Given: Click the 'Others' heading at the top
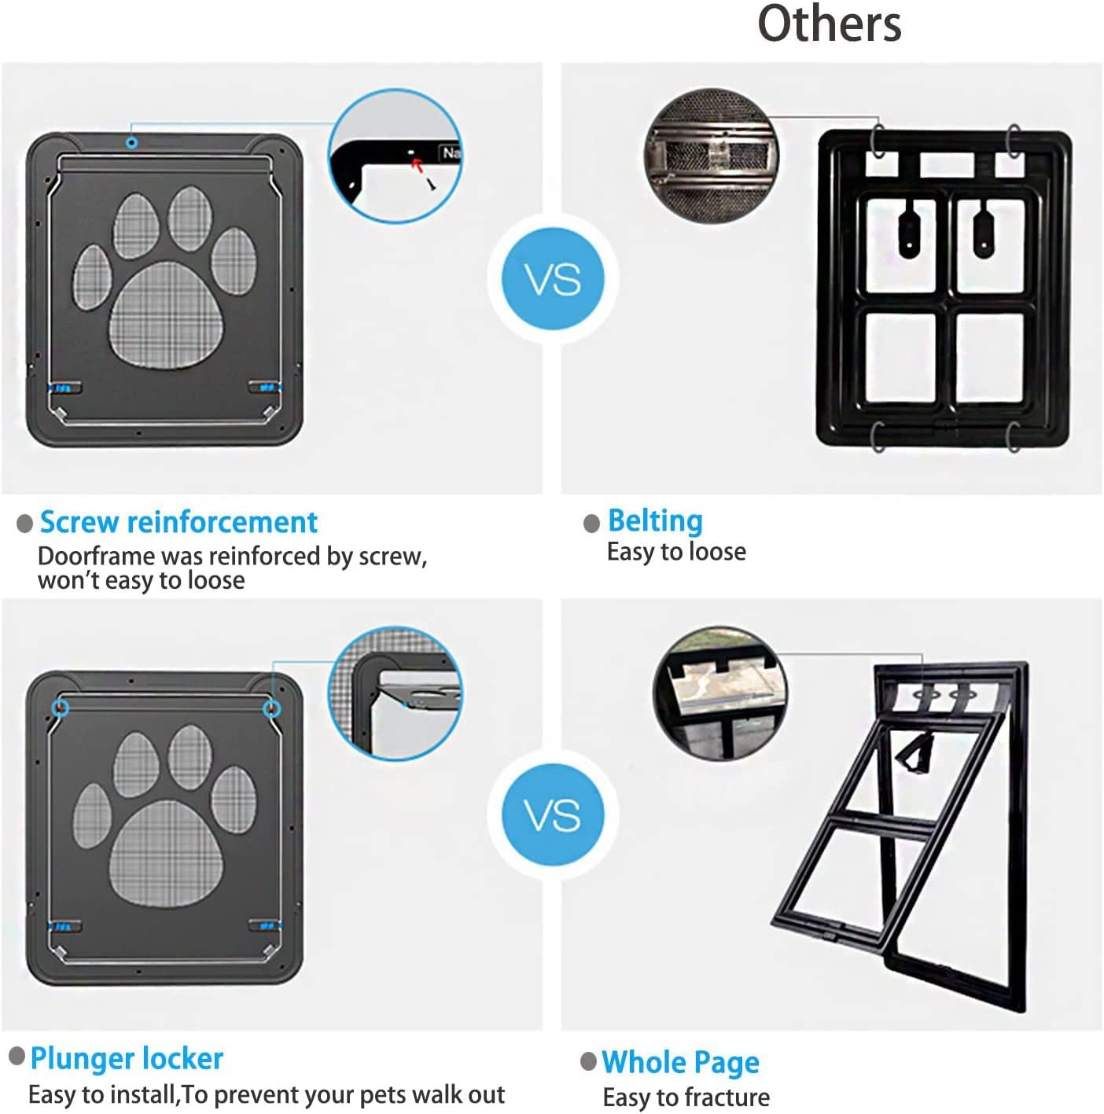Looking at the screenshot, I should pos(829,24).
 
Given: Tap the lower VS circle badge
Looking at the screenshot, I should pos(553,815).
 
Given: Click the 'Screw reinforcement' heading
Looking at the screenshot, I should pos(178,522).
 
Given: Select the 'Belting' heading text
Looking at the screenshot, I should pos(655,520).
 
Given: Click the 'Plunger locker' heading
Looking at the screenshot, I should pos(127,1058).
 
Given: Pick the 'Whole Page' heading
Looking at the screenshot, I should pos(680,1062).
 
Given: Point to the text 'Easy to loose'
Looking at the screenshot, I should pos(676,552).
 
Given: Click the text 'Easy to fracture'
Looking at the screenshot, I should pos(686,1097).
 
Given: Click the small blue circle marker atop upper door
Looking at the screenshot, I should pos(132,142).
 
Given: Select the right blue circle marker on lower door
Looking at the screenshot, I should pos(271,708).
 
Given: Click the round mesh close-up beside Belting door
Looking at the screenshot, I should pos(710,155).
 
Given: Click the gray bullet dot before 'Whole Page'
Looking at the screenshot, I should pos(588,1061).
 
